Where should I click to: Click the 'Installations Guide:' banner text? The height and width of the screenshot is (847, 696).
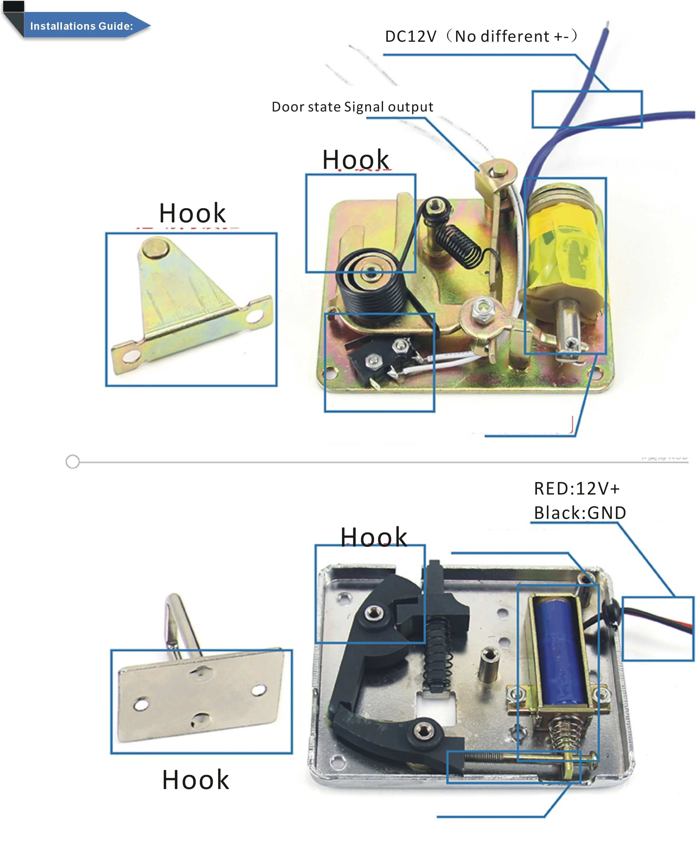pos(81,26)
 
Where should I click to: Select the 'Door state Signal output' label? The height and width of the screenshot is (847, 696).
pos(352,107)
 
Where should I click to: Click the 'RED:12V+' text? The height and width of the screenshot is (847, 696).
pos(577,489)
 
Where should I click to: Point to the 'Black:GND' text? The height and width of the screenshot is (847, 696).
pos(580,513)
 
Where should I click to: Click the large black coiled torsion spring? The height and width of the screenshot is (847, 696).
pos(371,285)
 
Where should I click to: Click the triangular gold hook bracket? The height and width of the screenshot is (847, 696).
pos(189,304)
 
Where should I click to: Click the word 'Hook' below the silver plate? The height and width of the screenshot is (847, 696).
pos(195,780)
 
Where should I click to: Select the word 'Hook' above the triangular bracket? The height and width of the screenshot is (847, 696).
pos(192,213)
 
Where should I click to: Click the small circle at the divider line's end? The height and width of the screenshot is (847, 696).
pos(72,462)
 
